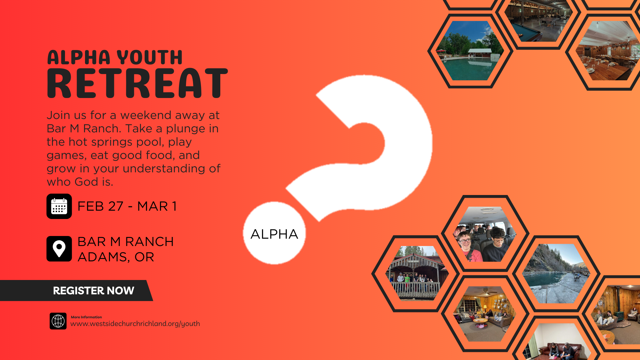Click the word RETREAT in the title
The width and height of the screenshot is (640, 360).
click(137, 83)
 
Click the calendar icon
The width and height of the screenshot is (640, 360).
click(59, 206)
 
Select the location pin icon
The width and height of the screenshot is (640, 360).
click(59, 249)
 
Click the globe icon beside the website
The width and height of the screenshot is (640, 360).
click(58, 321)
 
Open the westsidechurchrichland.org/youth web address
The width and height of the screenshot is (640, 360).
click(135, 324)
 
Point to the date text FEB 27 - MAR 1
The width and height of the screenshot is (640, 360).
click(127, 206)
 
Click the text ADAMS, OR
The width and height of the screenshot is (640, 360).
click(116, 257)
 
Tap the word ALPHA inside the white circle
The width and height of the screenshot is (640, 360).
click(274, 234)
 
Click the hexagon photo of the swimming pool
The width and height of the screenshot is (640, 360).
click(470, 51)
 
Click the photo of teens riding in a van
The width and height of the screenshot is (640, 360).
click(485, 234)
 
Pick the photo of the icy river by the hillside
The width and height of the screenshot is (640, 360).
click(556, 273)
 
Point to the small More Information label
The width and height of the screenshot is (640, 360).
click(86, 317)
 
